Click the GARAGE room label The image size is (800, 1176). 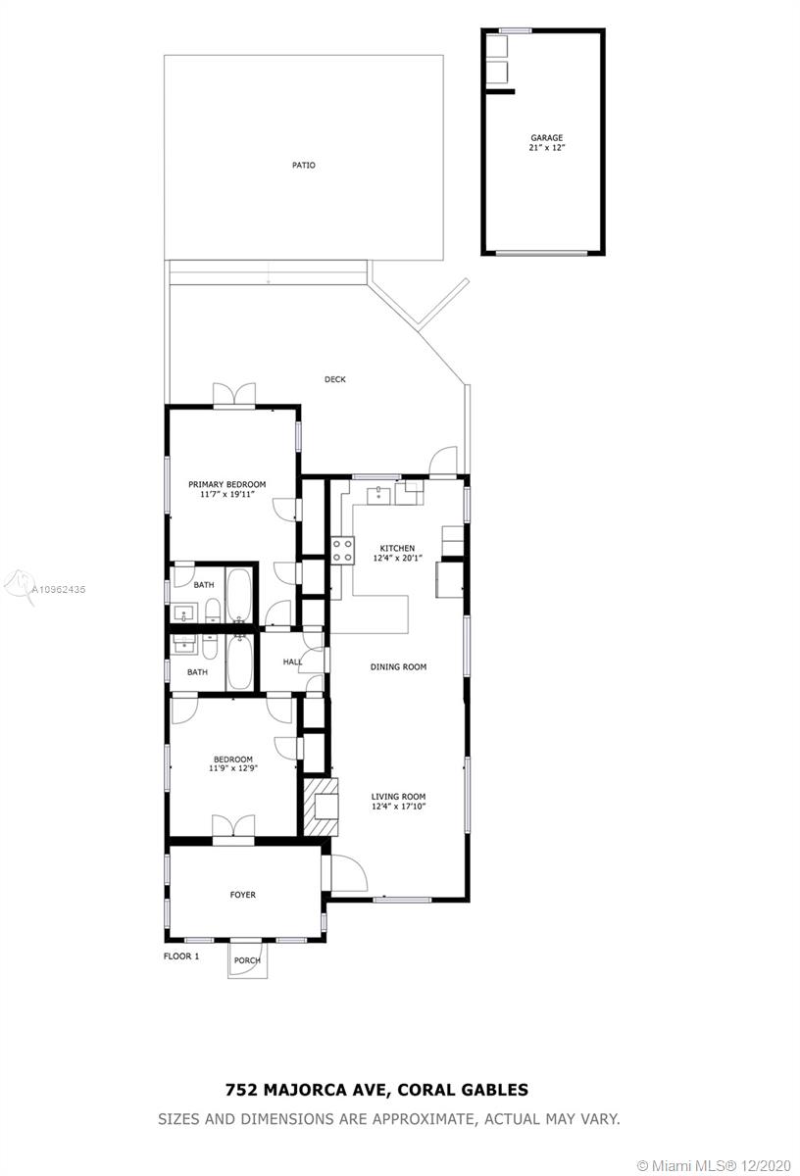546,138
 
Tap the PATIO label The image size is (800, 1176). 304,166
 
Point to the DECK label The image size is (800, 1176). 335,379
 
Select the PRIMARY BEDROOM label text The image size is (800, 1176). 226,484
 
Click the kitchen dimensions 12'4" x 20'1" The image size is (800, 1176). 398,558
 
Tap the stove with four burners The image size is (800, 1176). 342,551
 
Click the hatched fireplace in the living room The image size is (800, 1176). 321,807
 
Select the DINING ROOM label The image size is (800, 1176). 398,666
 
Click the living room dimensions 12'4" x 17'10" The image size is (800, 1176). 398,806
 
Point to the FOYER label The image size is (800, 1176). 243,895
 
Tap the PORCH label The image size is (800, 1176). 247,960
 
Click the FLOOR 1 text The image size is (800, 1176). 181,956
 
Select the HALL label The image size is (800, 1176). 292,661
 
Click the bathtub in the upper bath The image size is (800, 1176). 239,596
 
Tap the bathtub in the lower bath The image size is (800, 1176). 239,662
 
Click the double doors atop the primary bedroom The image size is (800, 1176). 234,394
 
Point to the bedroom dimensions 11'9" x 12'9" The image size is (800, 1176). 233,768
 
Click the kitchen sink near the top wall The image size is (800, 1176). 378,495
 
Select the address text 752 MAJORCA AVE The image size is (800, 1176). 307,1090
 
